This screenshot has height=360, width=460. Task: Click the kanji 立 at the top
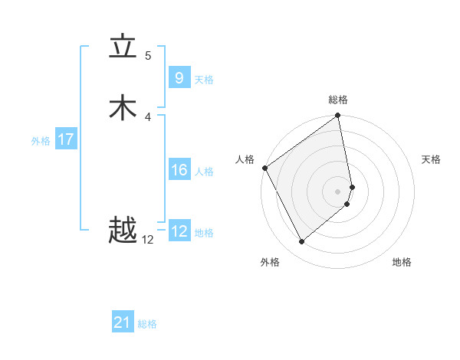click(x=123, y=48)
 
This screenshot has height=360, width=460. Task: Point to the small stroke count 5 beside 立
click(x=148, y=56)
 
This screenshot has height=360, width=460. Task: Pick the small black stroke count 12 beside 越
click(x=148, y=240)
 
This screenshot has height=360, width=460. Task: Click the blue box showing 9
click(x=179, y=77)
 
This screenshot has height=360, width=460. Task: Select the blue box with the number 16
click(x=179, y=170)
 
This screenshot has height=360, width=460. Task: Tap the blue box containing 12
click(x=179, y=231)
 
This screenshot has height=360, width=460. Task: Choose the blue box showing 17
click(x=66, y=139)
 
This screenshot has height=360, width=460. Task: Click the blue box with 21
click(x=123, y=322)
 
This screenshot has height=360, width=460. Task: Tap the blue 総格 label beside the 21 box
click(x=147, y=324)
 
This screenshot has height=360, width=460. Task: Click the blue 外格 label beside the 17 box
click(x=41, y=141)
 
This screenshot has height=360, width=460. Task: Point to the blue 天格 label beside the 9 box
click(x=204, y=80)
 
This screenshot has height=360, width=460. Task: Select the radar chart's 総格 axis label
click(x=338, y=100)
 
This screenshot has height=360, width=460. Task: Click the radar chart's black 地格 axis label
click(x=402, y=262)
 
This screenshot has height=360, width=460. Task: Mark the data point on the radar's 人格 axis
click(x=264, y=168)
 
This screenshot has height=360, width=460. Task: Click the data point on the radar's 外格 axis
click(x=302, y=242)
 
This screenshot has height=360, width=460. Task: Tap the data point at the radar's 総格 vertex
click(x=338, y=116)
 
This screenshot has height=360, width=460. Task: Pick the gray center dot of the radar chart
click(x=338, y=191)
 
